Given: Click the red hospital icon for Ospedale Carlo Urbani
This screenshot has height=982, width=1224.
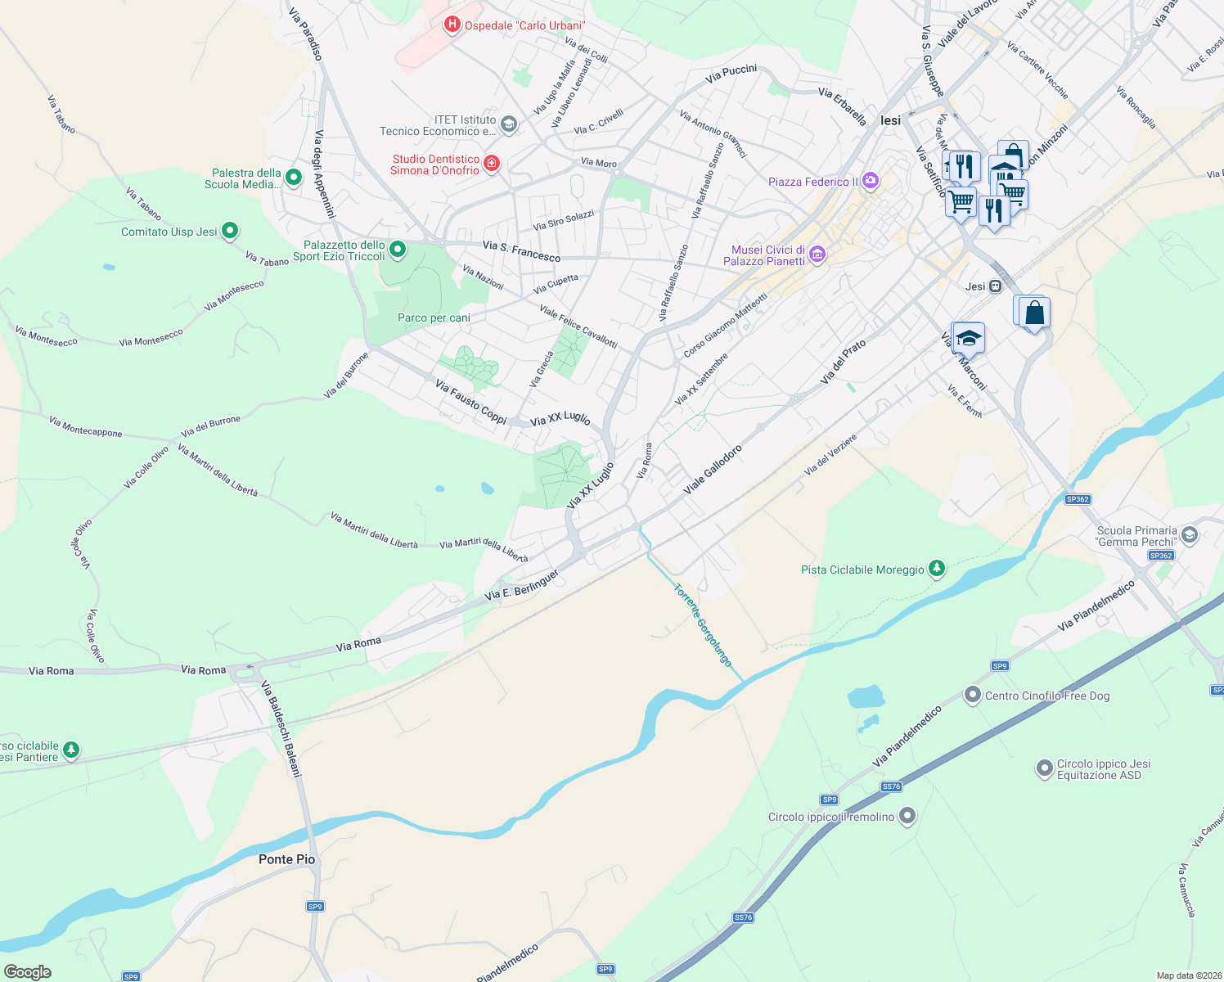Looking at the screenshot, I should tap(452, 25).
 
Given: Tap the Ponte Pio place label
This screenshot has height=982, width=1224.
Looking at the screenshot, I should tap(286, 859).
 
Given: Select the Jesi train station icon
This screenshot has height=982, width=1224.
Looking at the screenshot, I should tap(996, 286).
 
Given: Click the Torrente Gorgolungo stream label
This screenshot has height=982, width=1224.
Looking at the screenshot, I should tap(703, 625).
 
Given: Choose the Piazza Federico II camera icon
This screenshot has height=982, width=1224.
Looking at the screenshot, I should tap(871, 181).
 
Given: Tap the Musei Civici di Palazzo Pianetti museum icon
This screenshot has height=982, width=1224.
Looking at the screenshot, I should tap(817, 255).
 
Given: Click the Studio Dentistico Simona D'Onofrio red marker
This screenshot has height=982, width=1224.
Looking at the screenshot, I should tap(492, 164).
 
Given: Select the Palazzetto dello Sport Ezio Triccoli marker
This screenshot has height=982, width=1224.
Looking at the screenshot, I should tap(398, 249).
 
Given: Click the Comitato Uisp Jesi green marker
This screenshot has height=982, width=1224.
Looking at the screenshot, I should tap(230, 231).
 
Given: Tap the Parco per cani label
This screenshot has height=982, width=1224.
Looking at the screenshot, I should tap(434, 318).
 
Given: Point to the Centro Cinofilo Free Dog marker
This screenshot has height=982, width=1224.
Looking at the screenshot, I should tap(972, 695).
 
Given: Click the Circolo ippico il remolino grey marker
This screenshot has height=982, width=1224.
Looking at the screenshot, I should tap(907, 816).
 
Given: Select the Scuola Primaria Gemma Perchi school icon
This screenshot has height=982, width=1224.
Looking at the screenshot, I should tap(1190, 535).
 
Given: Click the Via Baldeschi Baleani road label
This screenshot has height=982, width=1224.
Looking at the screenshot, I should tap(281, 729).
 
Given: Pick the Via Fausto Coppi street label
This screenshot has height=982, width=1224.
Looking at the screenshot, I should tap(471, 401).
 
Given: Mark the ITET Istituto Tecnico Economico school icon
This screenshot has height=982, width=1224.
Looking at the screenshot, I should tap(508, 124).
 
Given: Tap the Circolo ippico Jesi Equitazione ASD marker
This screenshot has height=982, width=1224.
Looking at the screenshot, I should tap(1044, 768).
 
